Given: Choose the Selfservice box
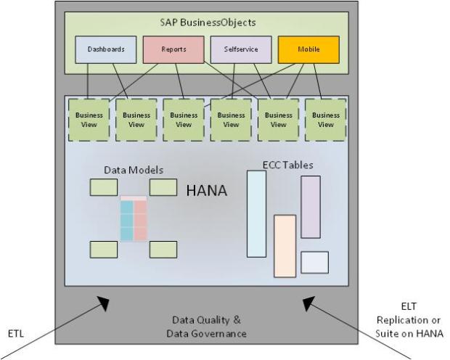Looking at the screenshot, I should point(234,49).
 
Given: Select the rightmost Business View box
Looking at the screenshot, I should point(325,119).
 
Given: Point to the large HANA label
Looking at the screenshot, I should point(207,191).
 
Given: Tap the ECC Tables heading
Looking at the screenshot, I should point(287,165).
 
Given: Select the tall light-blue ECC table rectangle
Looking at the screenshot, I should point(256,214).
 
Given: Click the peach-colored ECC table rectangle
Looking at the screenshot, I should point(285,245).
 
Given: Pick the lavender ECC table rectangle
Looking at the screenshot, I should point(311,207).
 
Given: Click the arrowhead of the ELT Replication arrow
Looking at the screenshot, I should point(309,303).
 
